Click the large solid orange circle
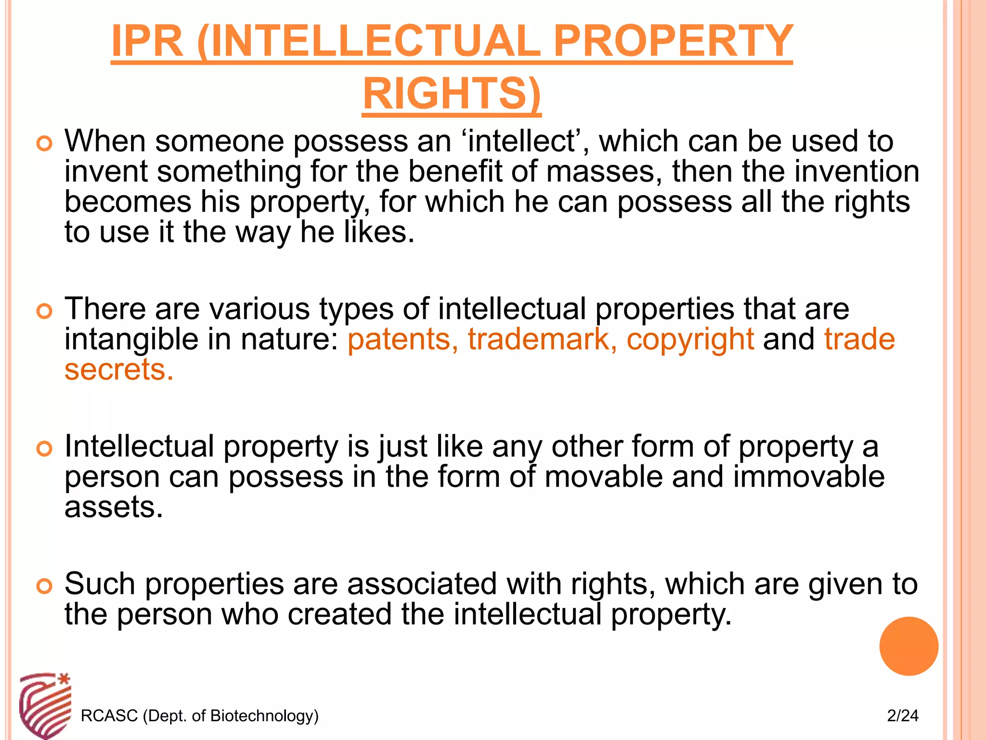pyautogui.click(x=908, y=646)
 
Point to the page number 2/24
pyautogui.click(x=903, y=715)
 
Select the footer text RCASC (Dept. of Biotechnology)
pyautogui.click(x=200, y=715)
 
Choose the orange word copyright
pyautogui.click(x=690, y=339)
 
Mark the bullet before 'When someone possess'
pyautogui.click(x=44, y=144)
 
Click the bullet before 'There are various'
pyautogui.click(x=44, y=311)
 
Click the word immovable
pyautogui.click(x=809, y=477)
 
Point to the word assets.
pyautogui.click(x=114, y=507)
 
